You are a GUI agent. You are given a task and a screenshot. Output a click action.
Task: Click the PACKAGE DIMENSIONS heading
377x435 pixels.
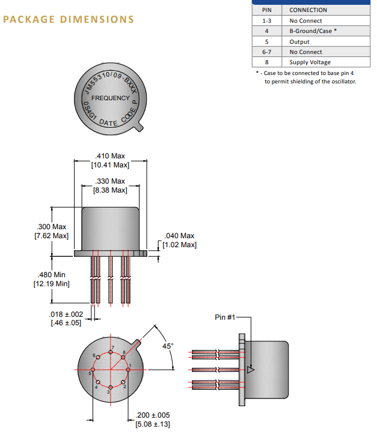click(69, 19)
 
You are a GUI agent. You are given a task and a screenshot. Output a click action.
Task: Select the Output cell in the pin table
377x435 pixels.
click(299, 41)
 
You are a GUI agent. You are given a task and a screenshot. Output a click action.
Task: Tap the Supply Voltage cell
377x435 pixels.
click(310, 62)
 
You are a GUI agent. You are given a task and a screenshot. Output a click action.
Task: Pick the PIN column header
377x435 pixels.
click(267, 10)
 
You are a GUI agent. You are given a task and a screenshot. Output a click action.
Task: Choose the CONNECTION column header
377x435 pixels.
click(308, 10)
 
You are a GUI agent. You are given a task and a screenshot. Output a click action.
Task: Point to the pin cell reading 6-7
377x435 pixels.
click(267, 52)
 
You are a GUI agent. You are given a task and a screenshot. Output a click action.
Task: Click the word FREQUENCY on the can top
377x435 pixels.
click(110, 98)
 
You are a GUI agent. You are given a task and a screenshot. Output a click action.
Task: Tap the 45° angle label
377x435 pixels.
click(168, 346)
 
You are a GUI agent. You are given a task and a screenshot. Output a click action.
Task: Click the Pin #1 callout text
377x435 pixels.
click(225, 317)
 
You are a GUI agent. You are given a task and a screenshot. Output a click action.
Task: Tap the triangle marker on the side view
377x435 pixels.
click(251, 370)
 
